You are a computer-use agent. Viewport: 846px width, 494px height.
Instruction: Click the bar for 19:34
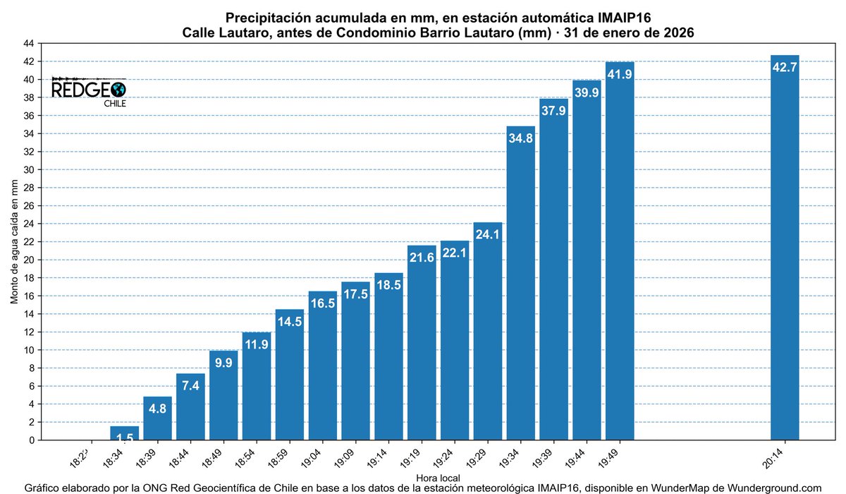click(520, 283)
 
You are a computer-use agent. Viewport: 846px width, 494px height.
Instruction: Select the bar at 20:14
click(785, 248)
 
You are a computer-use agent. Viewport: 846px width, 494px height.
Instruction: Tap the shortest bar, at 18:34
click(124, 433)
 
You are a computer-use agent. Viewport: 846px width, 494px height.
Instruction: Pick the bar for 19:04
click(323, 366)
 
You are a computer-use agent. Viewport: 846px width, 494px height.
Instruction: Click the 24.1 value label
click(487, 234)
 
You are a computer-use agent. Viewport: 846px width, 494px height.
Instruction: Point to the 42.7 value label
click(785, 67)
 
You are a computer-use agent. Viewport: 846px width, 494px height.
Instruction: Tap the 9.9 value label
click(223, 363)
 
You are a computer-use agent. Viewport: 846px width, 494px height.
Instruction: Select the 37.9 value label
click(553, 110)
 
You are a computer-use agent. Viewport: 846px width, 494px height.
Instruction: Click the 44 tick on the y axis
click(29, 44)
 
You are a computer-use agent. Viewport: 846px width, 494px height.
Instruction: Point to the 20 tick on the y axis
click(29, 260)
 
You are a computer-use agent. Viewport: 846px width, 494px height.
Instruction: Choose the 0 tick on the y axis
click(32, 440)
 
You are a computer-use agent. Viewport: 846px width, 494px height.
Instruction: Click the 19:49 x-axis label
click(609, 459)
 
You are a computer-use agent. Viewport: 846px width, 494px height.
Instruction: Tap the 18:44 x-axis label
click(179, 459)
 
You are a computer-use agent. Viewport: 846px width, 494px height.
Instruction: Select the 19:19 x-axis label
click(410, 459)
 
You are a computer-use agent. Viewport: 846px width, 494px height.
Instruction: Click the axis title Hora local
click(438, 478)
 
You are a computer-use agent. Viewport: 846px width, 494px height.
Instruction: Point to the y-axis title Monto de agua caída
click(14, 241)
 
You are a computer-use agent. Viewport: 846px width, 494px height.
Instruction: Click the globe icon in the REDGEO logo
click(118, 90)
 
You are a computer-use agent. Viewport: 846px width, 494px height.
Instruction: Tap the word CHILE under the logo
click(115, 104)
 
